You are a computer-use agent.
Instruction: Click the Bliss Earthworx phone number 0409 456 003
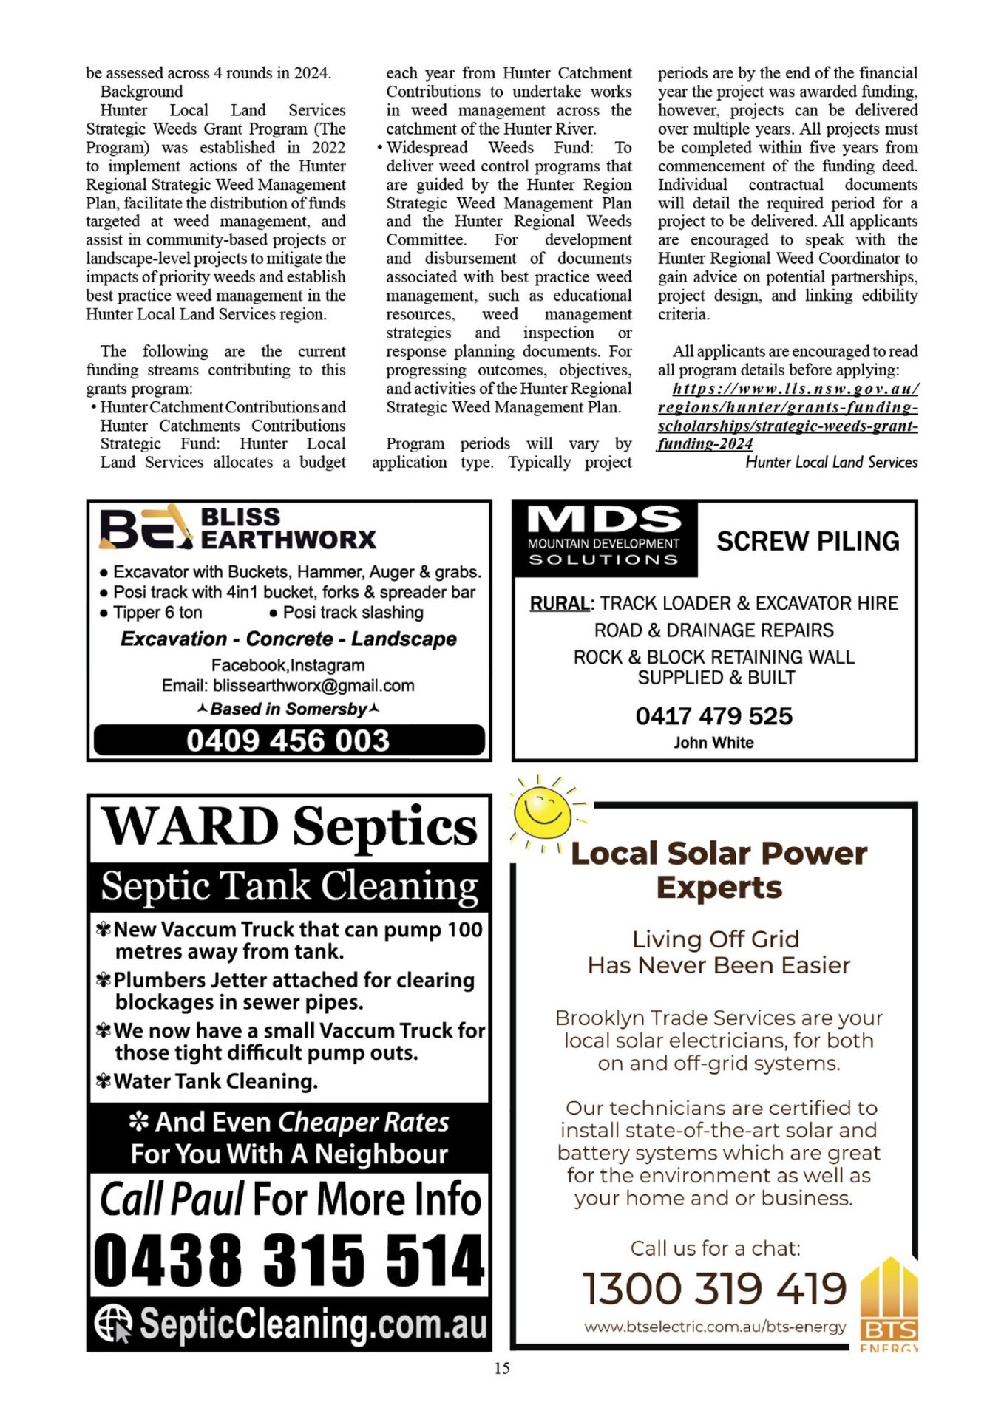288,741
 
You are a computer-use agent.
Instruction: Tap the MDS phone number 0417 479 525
713,715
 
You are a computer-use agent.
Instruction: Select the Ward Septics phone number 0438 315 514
289,1260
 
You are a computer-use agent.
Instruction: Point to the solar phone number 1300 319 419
714,1289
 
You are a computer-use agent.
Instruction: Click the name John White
713,743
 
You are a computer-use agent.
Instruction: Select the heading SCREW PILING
808,541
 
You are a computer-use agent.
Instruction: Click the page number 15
502,1368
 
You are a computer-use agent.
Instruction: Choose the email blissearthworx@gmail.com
313,686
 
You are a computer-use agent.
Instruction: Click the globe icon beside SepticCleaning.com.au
113,1322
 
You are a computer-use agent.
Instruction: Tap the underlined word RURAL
560,603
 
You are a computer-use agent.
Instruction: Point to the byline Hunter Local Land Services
831,463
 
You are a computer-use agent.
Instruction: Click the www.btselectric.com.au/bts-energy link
715,1327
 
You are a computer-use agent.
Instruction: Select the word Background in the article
141,92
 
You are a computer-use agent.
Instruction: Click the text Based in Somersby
288,709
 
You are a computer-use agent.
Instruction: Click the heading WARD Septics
289,827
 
